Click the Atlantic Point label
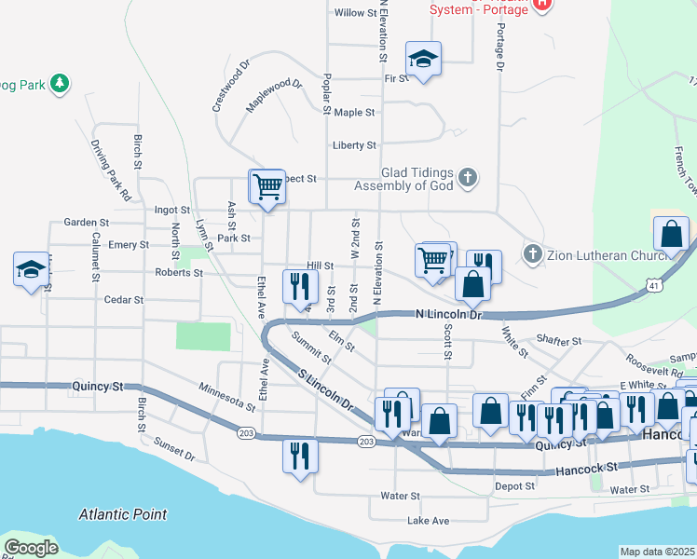123,513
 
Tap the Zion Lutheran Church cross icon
532,252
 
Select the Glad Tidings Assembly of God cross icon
469,176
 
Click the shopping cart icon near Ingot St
266,186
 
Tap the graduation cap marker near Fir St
423,60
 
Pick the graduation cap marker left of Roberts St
31,269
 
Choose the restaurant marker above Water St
299,456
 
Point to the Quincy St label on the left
97,386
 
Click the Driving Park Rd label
110,171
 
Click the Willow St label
354,13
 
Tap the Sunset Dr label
174,449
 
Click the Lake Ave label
429,520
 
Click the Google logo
31,548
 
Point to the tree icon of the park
60,84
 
